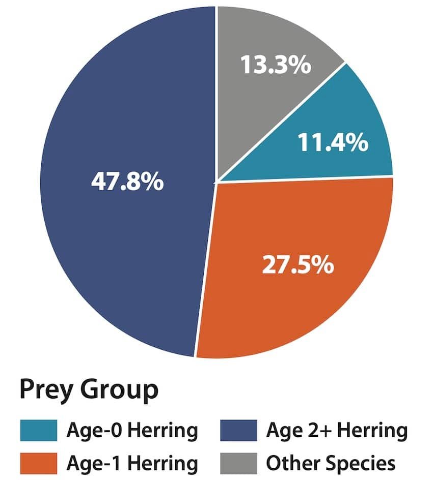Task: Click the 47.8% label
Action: [127, 182]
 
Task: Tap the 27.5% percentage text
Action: [298, 265]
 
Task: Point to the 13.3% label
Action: [275, 65]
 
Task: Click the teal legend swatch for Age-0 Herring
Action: [38, 431]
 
